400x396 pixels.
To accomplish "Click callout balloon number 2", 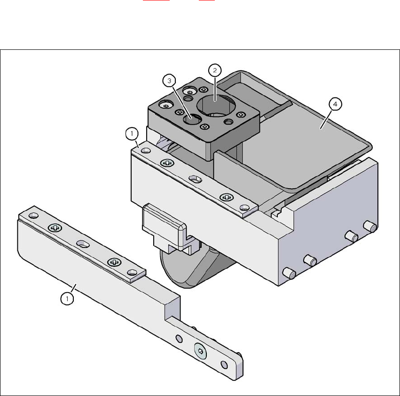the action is coord(215,70).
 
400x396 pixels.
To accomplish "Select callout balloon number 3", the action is coord(169,81).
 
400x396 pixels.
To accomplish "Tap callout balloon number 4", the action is coord(335,104).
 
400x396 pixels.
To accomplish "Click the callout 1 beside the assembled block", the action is coord(132,134).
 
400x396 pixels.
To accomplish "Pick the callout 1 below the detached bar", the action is coord(67,299).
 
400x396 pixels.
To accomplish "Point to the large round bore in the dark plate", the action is coord(216,106).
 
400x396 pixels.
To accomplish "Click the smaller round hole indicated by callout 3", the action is coord(192,119).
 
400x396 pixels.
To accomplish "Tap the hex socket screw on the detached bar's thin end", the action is coord(201,351).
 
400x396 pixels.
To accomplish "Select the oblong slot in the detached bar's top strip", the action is coord(83,244).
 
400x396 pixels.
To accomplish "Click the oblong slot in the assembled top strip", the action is coord(196,179).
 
